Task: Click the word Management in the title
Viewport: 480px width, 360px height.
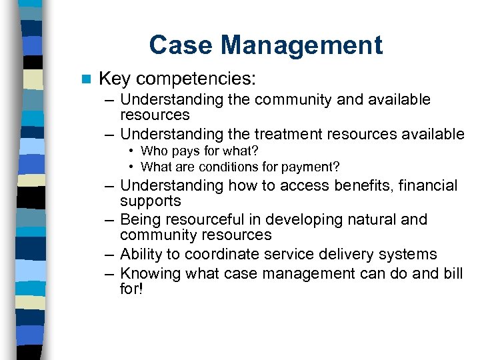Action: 302,45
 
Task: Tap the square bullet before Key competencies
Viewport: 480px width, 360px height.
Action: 85,79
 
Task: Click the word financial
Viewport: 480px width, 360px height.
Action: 427,186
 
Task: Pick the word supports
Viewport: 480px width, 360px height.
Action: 151,201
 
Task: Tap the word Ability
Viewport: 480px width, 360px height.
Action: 142,255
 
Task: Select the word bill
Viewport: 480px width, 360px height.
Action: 453,273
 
